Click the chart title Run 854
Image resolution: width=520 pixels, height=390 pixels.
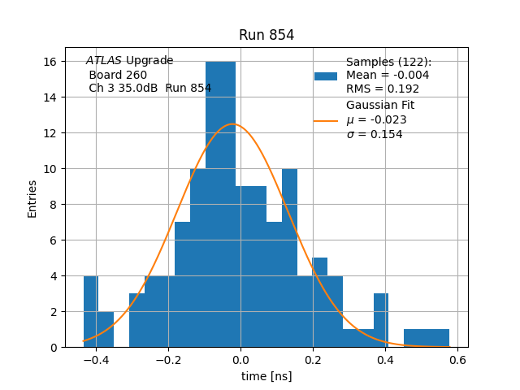(266, 35)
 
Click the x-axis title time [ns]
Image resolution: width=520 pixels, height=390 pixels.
(266, 376)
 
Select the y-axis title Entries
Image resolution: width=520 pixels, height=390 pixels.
(32, 197)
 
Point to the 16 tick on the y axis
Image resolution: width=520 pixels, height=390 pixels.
(54, 62)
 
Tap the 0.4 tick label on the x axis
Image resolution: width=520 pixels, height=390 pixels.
(385, 360)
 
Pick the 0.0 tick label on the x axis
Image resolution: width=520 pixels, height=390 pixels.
(240, 360)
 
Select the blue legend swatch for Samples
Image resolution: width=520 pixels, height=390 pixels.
(326, 76)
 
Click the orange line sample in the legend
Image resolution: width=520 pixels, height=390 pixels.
(326, 120)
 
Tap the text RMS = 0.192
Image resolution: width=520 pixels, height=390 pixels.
(383, 89)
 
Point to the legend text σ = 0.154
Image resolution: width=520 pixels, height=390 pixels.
(375, 134)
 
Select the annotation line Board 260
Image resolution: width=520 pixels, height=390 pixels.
(118, 75)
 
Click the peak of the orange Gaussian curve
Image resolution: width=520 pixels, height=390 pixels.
(233, 123)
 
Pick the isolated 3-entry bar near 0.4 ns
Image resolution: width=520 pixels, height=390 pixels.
(381, 320)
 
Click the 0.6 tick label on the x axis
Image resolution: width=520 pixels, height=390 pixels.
(457, 360)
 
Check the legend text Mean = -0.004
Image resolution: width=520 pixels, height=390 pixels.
(388, 76)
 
